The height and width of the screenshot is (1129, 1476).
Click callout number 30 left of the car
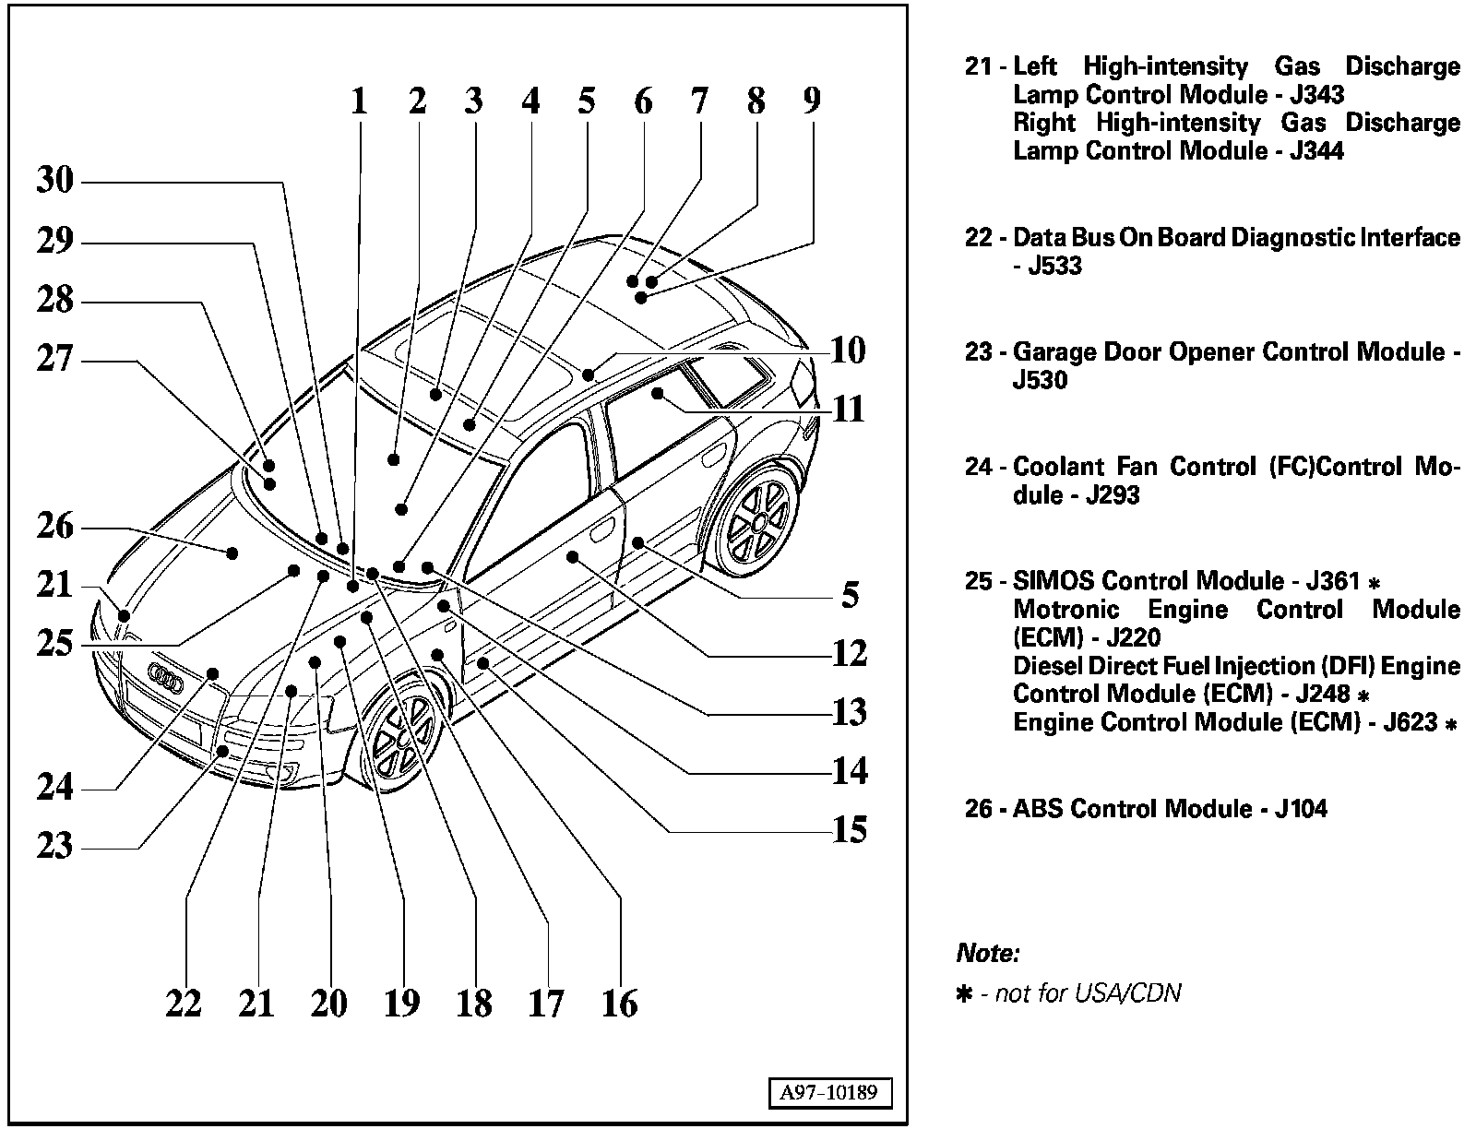point(55,180)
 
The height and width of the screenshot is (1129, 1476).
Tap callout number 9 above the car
point(811,100)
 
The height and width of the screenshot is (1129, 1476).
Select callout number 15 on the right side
point(850,830)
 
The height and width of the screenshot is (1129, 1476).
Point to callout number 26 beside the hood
point(55,527)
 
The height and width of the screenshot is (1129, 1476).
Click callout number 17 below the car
point(546,1004)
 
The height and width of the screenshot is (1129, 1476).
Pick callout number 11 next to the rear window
point(849,409)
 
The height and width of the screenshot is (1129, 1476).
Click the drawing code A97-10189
point(829,1094)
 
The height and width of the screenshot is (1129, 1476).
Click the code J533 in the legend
point(1054,267)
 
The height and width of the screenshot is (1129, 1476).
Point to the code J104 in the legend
point(1301,810)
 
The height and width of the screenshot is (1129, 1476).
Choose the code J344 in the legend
point(1315,151)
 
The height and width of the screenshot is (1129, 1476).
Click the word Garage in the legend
point(1055,352)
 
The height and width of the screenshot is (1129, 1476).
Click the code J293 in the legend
point(1113,495)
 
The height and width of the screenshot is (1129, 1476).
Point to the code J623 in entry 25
point(1410,723)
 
